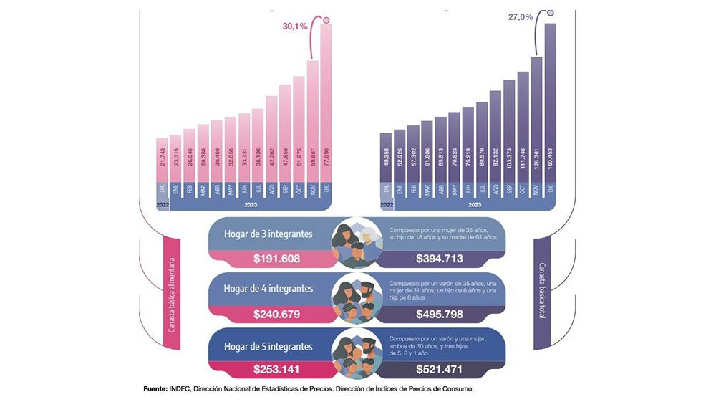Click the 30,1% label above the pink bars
click(294, 27)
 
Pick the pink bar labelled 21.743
click(163, 159)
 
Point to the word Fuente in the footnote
click(155, 389)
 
